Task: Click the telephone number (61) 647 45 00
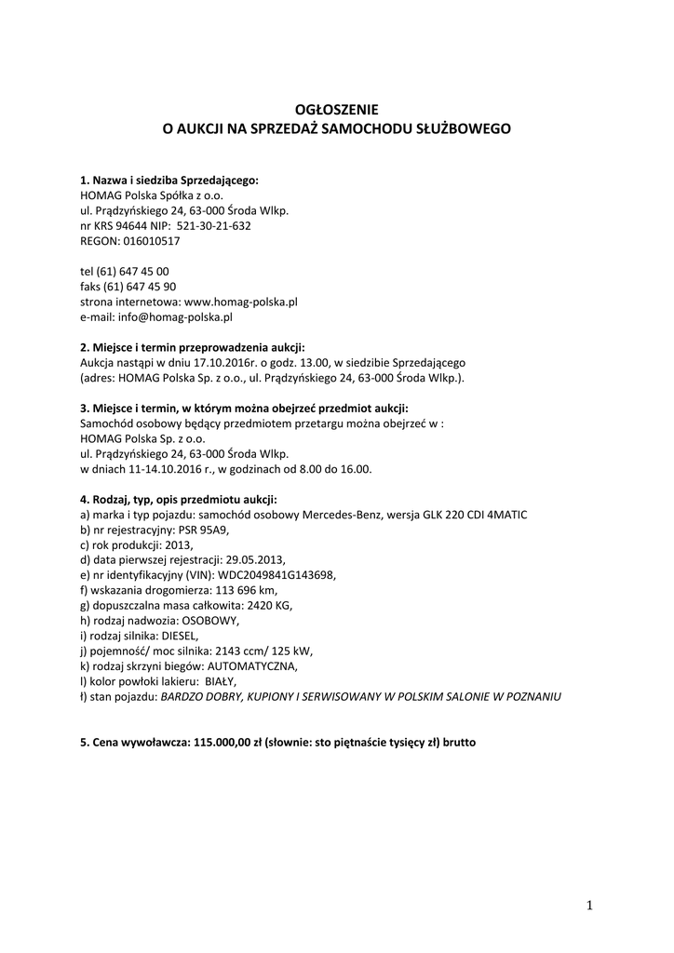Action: tap(136, 271)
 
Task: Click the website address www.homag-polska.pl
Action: tap(241, 302)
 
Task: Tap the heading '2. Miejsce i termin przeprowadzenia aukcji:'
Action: tap(193, 347)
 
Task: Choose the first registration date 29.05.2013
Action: tap(250, 559)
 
